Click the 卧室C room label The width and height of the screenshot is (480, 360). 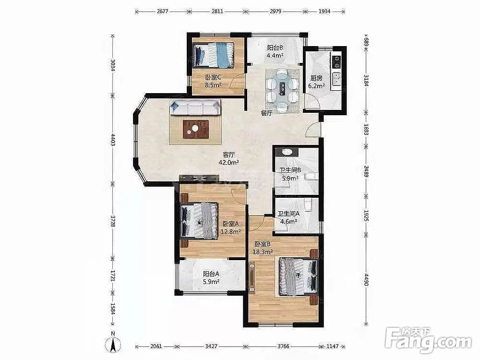click(213, 77)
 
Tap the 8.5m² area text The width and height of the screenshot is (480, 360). click(213, 85)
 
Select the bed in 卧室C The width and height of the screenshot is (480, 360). click(213, 55)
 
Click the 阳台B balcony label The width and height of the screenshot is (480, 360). click(275, 48)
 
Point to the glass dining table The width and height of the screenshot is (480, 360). click(282, 90)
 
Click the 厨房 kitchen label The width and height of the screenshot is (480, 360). click(316, 78)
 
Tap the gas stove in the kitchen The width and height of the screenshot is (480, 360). click(336, 61)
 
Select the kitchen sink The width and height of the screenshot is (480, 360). click(336, 79)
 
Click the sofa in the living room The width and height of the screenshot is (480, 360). click(196, 107)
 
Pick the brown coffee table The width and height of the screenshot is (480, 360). click(196, 129)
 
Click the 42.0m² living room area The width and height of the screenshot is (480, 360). click(228, 163)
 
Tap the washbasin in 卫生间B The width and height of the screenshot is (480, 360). click(287, 152)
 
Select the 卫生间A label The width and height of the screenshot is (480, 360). click(288, 214)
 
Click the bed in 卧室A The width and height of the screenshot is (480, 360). click(200, 221)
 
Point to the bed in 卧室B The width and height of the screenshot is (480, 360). click(299, 277)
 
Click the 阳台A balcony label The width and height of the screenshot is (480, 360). click(211, 274)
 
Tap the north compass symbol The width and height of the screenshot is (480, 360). click(113, 344)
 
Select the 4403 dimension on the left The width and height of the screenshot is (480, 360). click(113, 140)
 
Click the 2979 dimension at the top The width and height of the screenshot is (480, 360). click(276, 12)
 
